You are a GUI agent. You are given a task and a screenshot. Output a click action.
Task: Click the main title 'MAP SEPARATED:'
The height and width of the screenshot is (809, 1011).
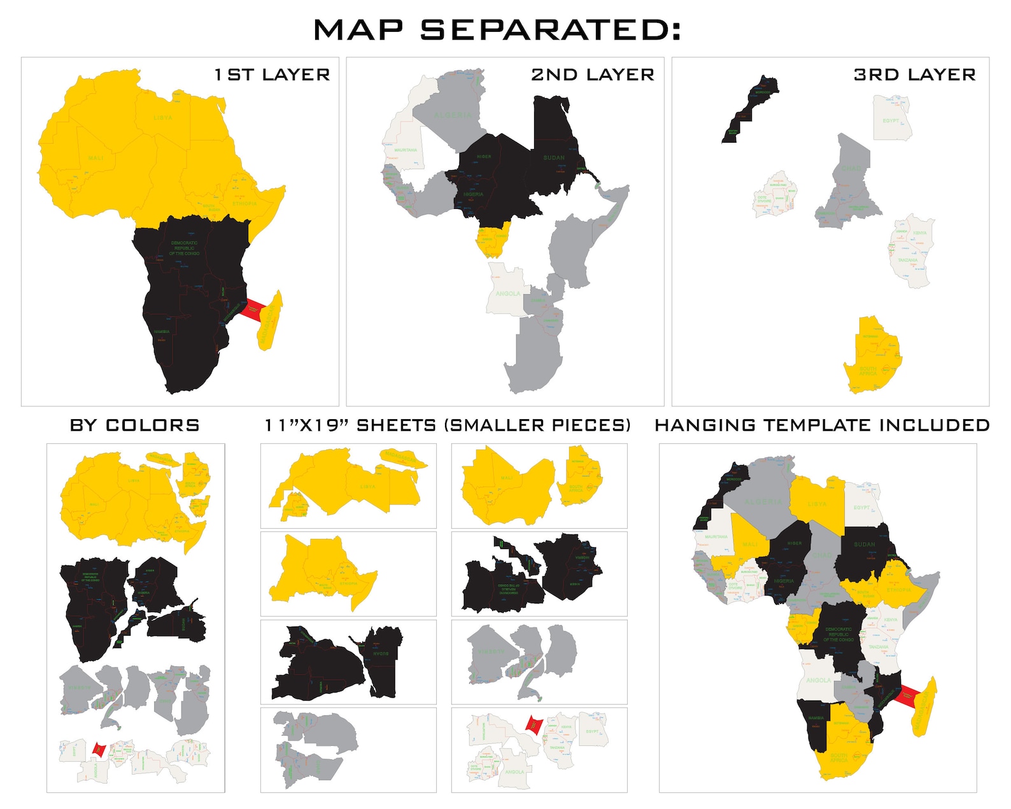click(497, 30)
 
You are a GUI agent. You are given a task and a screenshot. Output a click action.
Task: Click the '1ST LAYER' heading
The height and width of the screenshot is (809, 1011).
click(272, 75)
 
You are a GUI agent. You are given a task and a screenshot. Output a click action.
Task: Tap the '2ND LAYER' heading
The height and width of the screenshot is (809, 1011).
click(593, 75)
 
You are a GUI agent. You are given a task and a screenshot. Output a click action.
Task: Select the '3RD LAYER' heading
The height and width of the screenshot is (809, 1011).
click(914, 75)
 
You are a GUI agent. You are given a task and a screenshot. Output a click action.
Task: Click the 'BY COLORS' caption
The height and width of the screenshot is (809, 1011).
click(135, 425)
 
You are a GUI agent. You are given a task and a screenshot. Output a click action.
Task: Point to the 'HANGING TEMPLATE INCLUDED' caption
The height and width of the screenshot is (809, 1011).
click(822, 425)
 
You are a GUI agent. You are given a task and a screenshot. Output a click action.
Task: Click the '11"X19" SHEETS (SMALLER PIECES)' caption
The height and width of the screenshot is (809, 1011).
click(448, 425)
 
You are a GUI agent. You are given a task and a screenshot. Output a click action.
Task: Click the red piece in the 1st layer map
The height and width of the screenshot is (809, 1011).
click(253, 309)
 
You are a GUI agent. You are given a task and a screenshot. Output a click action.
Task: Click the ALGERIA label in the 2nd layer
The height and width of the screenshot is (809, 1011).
click(453, 115)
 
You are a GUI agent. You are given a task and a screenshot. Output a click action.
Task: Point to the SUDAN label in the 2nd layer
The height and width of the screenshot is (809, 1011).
click(554, 157)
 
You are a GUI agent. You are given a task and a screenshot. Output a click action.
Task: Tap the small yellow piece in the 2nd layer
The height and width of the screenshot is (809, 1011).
click(493, 239)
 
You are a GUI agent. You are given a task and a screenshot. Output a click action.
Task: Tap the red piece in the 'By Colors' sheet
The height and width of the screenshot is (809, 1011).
click(99, 749)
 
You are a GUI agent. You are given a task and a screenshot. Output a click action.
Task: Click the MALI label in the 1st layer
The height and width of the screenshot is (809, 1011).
click(95, 157)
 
